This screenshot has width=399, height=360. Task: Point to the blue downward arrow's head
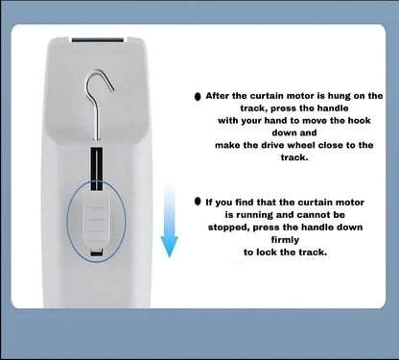pyautogui.click(x=169, y=247)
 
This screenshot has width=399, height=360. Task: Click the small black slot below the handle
pyautogui.click(x=97, y=252)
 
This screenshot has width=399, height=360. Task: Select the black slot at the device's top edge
pyautogui.click(x=98, y=40)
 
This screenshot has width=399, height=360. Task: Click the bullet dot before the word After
pyautogui.click(x=198, y=96)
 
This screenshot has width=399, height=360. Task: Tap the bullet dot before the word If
pyautogui.click(x=198, y=202)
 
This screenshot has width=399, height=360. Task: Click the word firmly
pyautogui.click(x=285, y=240)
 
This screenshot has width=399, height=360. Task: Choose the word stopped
pyautogui.click(x=228, y=228)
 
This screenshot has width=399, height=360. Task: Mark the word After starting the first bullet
pyautogui.click(x=217, y=96)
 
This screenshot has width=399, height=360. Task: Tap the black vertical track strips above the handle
pyautogui.click(x=97, y=169)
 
